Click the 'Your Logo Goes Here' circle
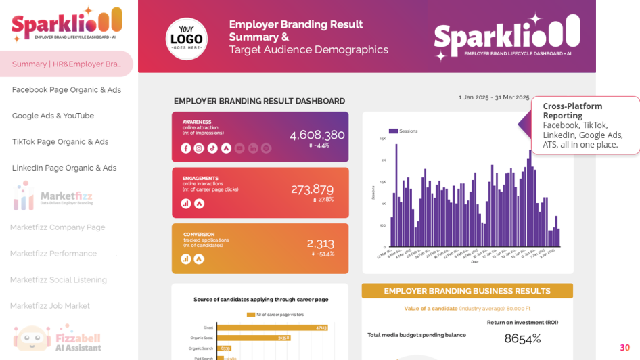tap(186, 38)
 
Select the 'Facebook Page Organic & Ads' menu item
tap(66, 89)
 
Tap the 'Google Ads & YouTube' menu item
tap(53, 116)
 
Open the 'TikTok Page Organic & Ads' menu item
tap(60, 141)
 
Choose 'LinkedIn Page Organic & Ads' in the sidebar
tap(64, 168)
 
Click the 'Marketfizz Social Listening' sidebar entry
tap(58, 279)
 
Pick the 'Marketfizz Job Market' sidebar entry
tap(50, 306)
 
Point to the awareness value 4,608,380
tap(317, 135)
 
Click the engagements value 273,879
tap(312, 189)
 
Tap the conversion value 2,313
tap(320, 243)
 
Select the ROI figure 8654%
tap(522, 338)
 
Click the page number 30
tap(624, 347)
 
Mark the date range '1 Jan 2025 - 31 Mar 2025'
tap(494, 97)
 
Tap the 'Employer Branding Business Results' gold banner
tap(467, 291)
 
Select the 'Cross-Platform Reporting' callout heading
tap(572, 110)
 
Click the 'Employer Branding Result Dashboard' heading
tap(259, 101)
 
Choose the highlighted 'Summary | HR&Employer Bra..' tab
tap(66, 64)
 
